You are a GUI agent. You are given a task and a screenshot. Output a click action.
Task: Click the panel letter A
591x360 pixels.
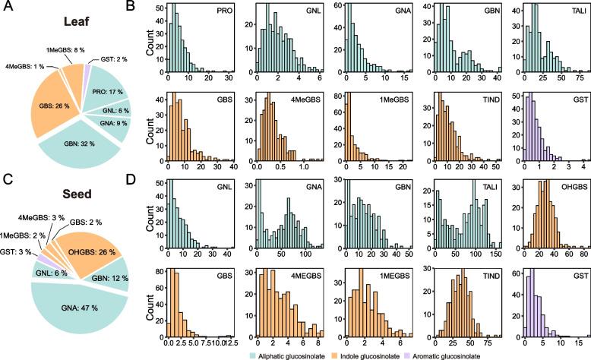8,7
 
